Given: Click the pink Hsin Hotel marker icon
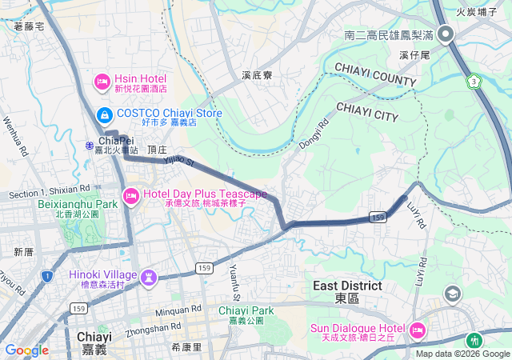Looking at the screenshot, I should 102,80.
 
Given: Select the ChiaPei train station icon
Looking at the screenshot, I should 90,144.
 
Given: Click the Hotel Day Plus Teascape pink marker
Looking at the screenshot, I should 130,195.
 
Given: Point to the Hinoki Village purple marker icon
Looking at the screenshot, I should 148,278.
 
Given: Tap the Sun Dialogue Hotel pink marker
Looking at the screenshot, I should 417,330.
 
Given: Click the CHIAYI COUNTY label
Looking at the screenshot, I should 375,74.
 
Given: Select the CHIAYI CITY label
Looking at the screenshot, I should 367,111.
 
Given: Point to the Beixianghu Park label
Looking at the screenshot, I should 78,204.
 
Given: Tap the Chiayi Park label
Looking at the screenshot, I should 246,310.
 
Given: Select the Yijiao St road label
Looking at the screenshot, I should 178,161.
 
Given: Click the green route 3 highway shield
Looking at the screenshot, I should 474,82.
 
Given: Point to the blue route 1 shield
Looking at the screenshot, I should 47,277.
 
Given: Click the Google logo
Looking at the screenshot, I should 26,350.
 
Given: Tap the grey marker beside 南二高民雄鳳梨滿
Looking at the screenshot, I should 446,34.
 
